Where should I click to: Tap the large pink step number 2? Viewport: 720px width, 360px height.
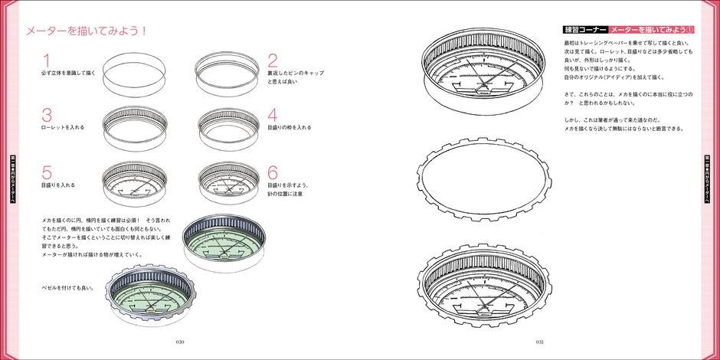click(273, 60)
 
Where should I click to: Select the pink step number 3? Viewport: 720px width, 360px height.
click(47, 115)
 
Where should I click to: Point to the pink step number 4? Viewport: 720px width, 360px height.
click(273, 115)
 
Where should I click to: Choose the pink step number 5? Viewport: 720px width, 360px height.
click(47, 172)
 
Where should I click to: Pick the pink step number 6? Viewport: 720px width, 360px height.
click(273, 172)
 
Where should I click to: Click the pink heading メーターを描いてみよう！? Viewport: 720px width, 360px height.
click(87, 31)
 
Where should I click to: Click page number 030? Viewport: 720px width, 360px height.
click(181, 342)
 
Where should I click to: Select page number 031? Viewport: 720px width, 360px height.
click(539, 342)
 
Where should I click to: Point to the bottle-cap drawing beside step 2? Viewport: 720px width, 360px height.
click(227, 71)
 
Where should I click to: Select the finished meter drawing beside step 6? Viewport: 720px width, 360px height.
click(227, 182)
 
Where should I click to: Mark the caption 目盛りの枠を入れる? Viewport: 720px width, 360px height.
click(289, 127)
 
